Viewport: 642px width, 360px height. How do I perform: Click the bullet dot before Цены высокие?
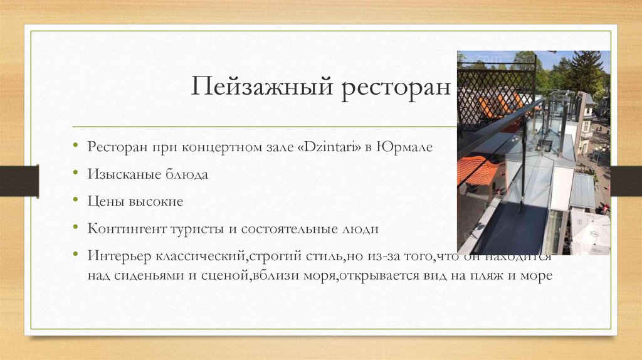coord(75,201)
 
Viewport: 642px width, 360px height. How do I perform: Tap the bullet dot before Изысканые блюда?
coord(75,174)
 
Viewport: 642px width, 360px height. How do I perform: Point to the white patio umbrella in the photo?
coord(589,229)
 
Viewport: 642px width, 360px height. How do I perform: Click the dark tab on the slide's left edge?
coord(19,181)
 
